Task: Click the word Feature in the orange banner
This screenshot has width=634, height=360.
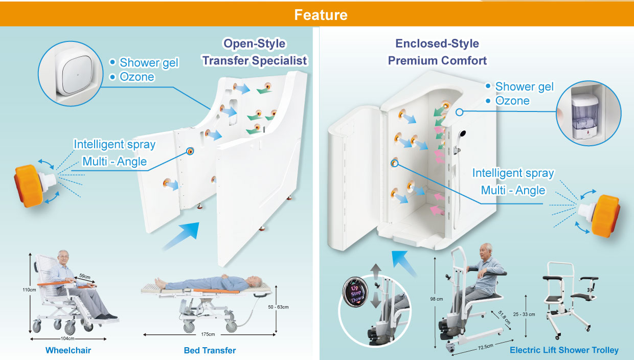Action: pos(321,15)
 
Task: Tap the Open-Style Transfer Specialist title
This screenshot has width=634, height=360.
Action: pos(254,52)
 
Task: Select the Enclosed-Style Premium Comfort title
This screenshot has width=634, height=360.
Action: pos(437,52)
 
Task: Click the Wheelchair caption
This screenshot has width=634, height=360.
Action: pos(68,350)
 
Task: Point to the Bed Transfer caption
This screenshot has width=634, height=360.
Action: pos(210,350)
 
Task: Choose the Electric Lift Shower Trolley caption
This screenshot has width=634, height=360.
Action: pos(564,350)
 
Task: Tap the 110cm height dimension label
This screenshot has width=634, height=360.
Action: pos(29,290)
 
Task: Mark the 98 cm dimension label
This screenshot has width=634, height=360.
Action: pos(436,299)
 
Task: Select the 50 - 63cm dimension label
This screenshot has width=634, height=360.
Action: pos(279,307)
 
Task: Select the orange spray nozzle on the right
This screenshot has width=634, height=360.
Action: pos(603,214)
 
